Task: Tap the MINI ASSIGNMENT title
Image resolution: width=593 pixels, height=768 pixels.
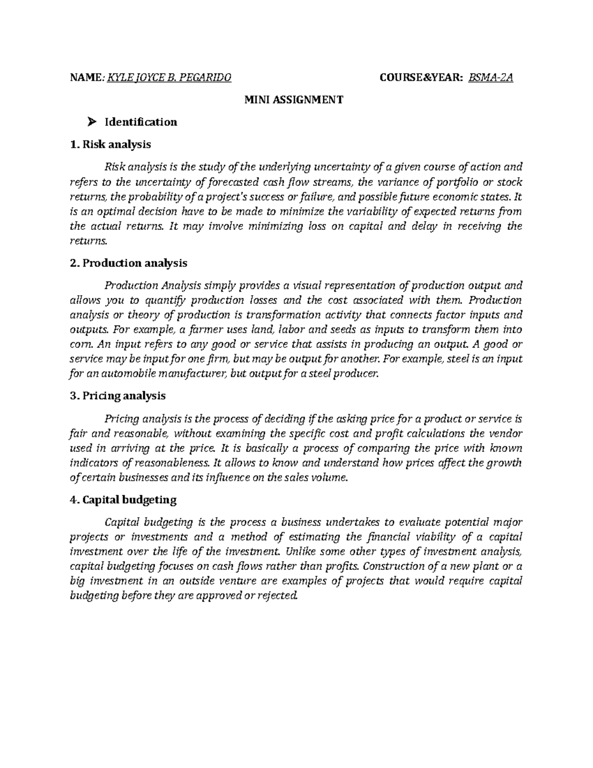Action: tap(294, 100)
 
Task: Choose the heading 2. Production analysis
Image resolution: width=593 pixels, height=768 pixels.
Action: tap(129, 263)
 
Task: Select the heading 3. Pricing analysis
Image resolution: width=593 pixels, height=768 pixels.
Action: tap(118, 396)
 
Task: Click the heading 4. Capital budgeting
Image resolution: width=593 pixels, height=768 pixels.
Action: tap(124, 500)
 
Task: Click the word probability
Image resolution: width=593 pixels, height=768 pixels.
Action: tap(143, 197)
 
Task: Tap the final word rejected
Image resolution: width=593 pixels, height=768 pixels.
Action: tap(277, 596)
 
